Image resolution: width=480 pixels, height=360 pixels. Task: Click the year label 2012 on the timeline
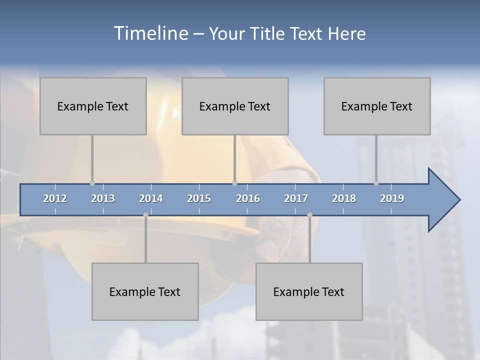pos(55,198)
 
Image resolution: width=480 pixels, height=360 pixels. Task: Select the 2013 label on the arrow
pos(103,198)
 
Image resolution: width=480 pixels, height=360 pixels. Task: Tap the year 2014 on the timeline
pos(151,198)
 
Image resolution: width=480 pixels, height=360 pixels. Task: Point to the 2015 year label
pos(199,198)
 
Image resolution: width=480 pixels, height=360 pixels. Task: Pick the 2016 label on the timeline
pos(248,198)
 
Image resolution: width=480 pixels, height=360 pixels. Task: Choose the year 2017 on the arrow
pos(296,198)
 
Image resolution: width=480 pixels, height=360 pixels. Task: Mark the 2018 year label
pos(344,198)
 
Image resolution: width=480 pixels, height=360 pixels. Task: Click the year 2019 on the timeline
pos(392,198)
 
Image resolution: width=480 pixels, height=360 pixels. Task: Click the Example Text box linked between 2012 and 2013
pos(93,106)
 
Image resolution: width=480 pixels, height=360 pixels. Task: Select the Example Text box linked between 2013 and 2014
pos(145,291)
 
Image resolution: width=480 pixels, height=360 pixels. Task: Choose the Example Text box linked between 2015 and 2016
pos(235,106)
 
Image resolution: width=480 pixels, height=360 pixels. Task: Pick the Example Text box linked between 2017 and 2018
pos(309,291)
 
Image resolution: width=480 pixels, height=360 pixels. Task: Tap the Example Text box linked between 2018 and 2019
pos(377,106)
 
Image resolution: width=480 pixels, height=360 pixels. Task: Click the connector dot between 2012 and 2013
pos(92,183)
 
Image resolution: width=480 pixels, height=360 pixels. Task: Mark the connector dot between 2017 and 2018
pos(309,215)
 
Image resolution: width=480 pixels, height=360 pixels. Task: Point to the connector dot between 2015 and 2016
pos(235,183)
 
